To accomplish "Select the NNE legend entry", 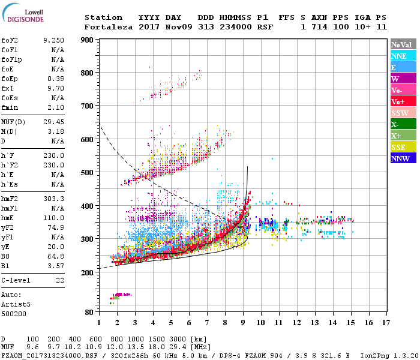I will (403, 56).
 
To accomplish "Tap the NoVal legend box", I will (403, 44).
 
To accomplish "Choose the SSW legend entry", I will (403, 113).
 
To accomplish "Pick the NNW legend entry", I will (403, 158).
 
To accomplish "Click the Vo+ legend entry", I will (403, 101).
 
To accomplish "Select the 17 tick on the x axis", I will (386, 323).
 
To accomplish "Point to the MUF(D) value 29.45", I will (53, 121).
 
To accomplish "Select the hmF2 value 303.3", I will (53, 199).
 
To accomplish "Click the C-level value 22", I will (59, 280).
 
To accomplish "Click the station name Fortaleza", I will (105, 27).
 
